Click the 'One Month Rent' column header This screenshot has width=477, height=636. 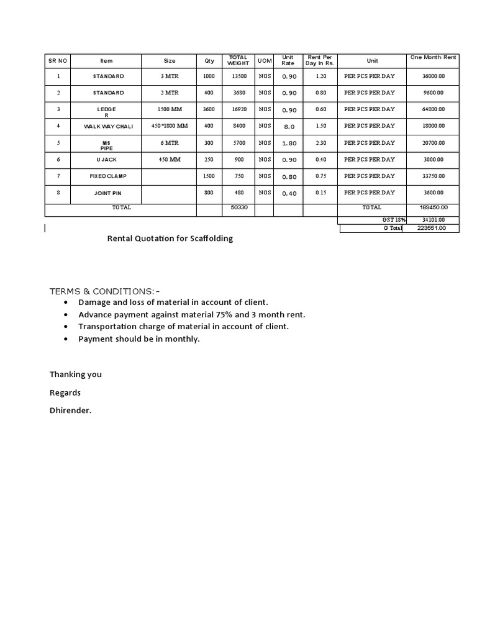[433, 57]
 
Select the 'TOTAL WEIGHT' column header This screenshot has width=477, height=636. [237, 60]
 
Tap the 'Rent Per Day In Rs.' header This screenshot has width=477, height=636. [320, 60]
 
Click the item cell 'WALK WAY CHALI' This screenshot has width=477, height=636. [109, 126]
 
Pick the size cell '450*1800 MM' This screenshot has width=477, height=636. [169, 126]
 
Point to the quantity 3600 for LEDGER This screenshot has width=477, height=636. [209, 109]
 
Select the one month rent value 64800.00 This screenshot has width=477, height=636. [433, 109]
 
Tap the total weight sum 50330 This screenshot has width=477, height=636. [238, 207]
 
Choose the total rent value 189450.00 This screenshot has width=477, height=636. [433, 207]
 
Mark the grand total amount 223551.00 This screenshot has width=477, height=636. [433, 229]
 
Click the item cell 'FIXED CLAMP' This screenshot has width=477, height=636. [109, 176]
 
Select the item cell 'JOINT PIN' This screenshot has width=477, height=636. [109, 193]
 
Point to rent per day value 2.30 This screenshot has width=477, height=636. [320, 143]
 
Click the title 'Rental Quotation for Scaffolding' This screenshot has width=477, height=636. [170, 238]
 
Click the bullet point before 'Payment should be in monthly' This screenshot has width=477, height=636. [66, 339]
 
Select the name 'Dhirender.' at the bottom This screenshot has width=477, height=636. [70, 411]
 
